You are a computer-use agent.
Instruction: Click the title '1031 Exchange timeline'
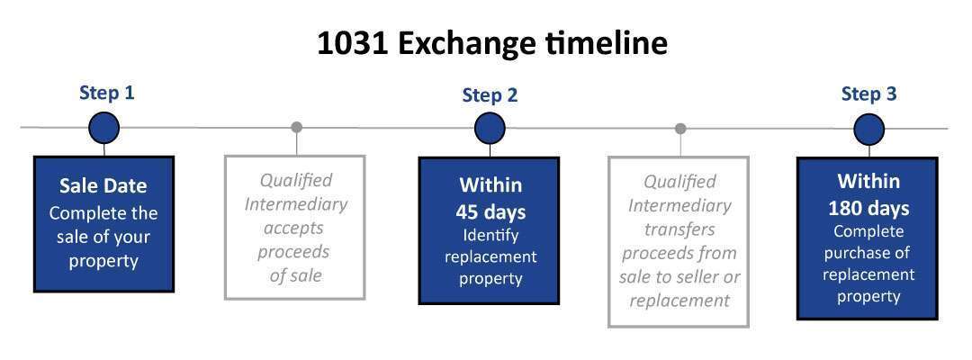tap(492, 43)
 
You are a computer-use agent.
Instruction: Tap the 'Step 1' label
tap(106, 93)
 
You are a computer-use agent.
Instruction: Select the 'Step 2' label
tap(490, 95)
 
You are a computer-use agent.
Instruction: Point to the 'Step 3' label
tap(868, 94)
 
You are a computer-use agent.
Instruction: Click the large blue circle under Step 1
tap(104, 128)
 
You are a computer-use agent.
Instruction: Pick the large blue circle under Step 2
tap(490, 129)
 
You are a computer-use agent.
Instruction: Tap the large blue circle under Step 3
tap(869, 130)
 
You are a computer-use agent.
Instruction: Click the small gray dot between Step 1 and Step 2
tap(296, 127)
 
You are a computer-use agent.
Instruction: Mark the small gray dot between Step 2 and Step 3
tap(680, 129)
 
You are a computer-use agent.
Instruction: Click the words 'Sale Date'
tap(103, 186)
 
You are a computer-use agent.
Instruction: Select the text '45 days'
tap(490, 211)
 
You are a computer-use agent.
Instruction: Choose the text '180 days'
tap(868, 208)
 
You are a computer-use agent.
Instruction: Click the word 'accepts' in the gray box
tap(293, 228)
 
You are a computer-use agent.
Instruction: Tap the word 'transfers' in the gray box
tap(679, 229)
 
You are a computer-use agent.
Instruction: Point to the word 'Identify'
tap(490, 236)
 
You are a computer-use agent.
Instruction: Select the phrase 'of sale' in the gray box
tap(296, 275)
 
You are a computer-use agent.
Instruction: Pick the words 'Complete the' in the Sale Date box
tap(103, 213)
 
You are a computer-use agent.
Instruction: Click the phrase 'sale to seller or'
tap(679, 276)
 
